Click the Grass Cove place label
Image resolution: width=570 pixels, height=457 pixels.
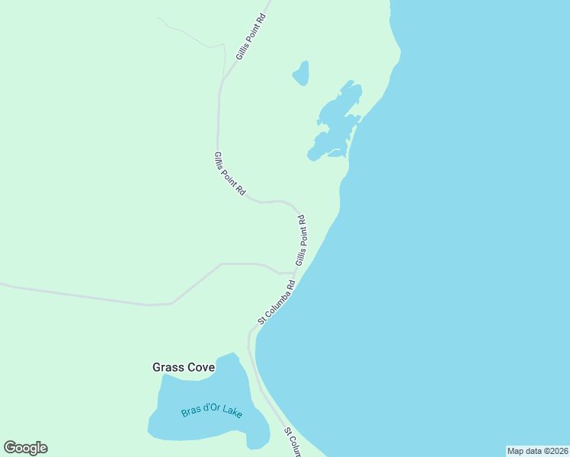click(x=184, y=367)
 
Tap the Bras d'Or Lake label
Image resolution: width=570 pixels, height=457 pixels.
click(x=212, y=412)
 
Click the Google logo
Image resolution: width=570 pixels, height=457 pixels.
click(x=25, y=448)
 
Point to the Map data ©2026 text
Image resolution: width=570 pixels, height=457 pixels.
click(x=537, y=451)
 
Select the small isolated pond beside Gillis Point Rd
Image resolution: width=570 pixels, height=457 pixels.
click(x=301, y=73)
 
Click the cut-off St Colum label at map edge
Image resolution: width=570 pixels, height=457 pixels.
click(x=291, y=442)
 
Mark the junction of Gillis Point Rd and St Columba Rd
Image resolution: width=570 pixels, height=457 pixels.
click(x=294, y=272)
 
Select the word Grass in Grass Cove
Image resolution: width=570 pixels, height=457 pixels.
click(x=167, y=367)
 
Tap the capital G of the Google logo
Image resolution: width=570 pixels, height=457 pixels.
click(x=11, y=448)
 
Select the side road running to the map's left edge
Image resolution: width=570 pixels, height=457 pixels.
click(x=91, y=296)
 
